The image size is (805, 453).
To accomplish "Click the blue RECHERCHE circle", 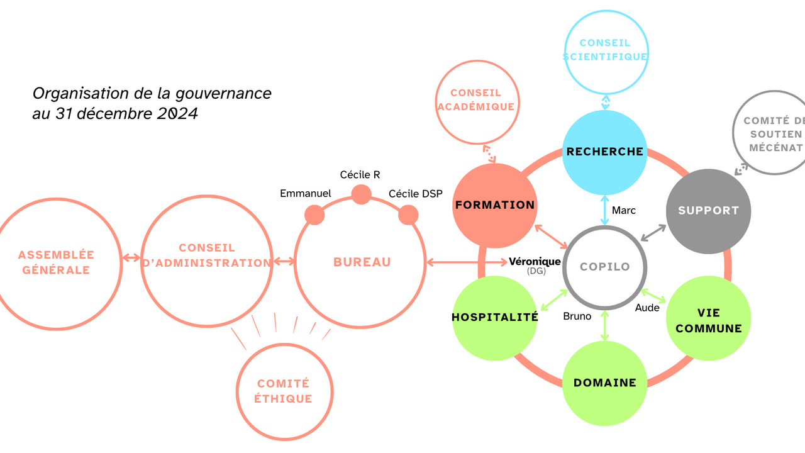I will [x=604, y=152].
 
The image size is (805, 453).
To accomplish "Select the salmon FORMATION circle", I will [x=494, y=206].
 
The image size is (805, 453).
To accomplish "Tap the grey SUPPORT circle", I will [x=708, y=211].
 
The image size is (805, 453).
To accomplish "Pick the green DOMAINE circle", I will [x=604, y=383].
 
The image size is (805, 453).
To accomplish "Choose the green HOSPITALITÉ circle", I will [x=494, y=318].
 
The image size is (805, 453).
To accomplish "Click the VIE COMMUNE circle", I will [x=708, y=321].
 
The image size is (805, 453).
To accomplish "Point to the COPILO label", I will [x=604, y=267].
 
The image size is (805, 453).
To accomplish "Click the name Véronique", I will [x=535, y=262].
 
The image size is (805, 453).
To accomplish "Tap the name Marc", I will [x=624, y=210].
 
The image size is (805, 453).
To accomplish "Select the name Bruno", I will [x=577, y=316].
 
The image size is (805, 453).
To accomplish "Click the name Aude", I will [x=647, y=308].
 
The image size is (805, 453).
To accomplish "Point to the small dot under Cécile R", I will [x=361, y=194].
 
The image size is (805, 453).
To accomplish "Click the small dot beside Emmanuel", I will [x=314, y=215].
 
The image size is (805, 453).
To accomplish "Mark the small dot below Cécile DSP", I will [x=408, y=215].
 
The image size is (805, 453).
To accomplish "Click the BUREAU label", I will [x=362, y=262].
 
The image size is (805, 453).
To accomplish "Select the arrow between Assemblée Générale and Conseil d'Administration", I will [x=131, y=258].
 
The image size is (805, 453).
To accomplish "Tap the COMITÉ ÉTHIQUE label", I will [x=284, y=391].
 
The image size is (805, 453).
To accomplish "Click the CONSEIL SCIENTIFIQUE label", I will [x=604, y=50].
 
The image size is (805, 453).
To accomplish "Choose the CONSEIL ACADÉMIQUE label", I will [x=475, y=100].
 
